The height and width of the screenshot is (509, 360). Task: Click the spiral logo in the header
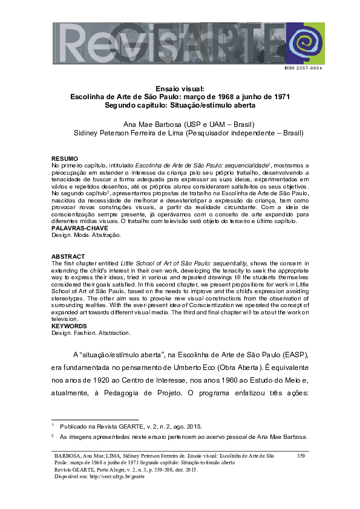pyautogui.click(x=306, y=43)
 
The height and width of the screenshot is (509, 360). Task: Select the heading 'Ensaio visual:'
pyautogui.click(x=180, y=88)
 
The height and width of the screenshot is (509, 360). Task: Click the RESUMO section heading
pyautogui.click(x=64, y=158)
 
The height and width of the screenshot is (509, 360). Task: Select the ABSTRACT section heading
pyautogui.click(x=67, y=256)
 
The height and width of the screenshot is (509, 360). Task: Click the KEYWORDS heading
pyautogui.click(x=70, y=326)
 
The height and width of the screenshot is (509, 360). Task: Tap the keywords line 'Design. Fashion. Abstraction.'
pyautogui.click(x=91, y=332)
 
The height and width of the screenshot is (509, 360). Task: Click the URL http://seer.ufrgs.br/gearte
pyautogui.click(x=114, y=476)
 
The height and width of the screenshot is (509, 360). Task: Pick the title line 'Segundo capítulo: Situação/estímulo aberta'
pyautogui.click(x=180, y=105)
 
